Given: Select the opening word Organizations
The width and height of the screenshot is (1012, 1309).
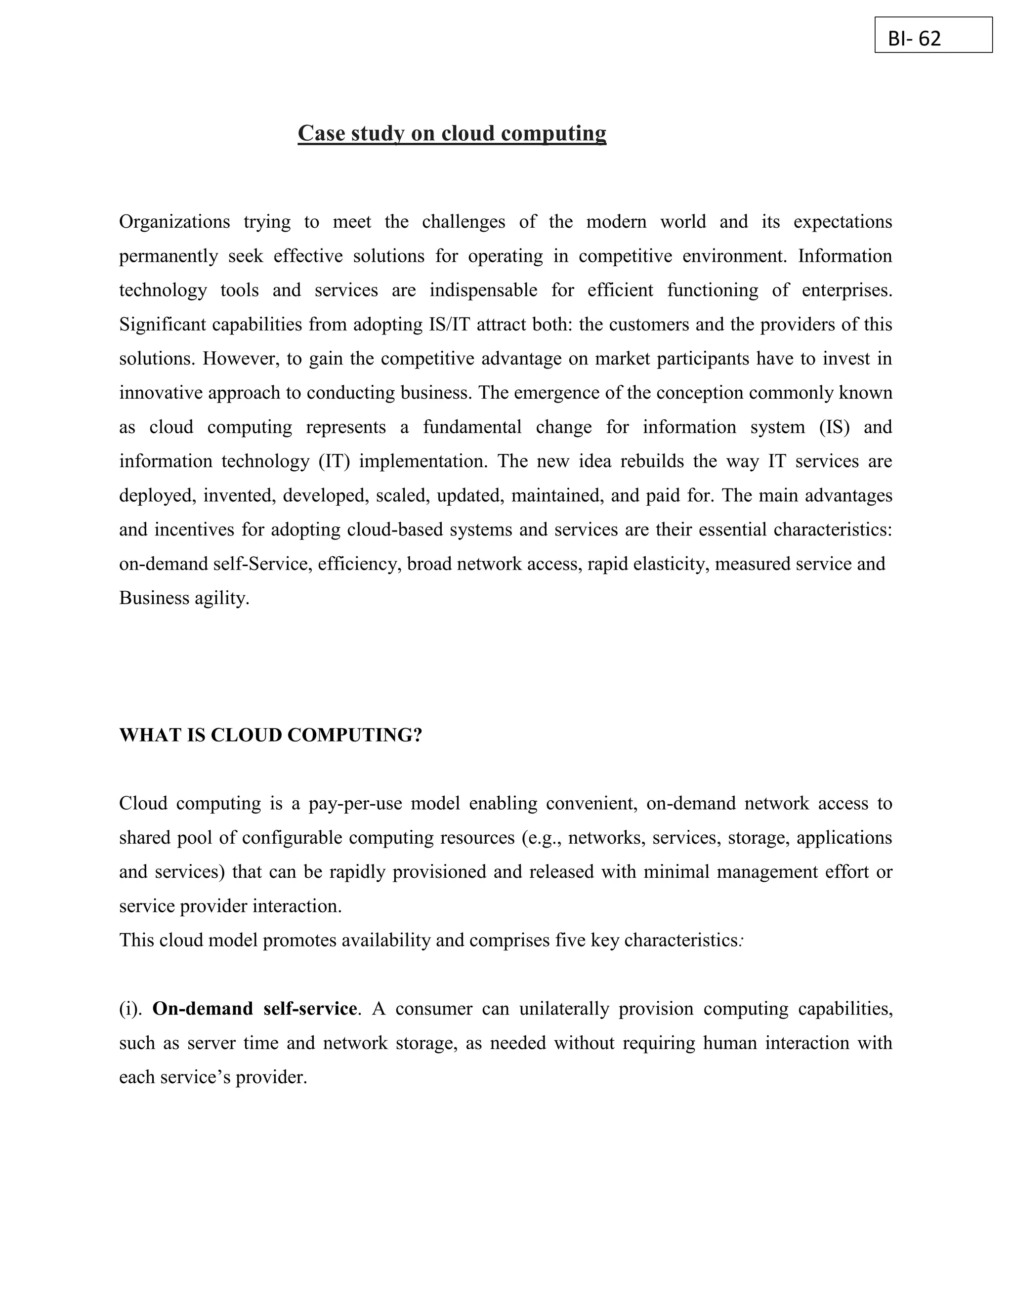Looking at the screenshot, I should click(174, 222).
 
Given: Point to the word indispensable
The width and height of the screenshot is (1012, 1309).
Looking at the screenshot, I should click(483, 290).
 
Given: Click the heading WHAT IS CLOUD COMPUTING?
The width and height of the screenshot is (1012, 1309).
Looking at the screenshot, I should click(270, 735).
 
